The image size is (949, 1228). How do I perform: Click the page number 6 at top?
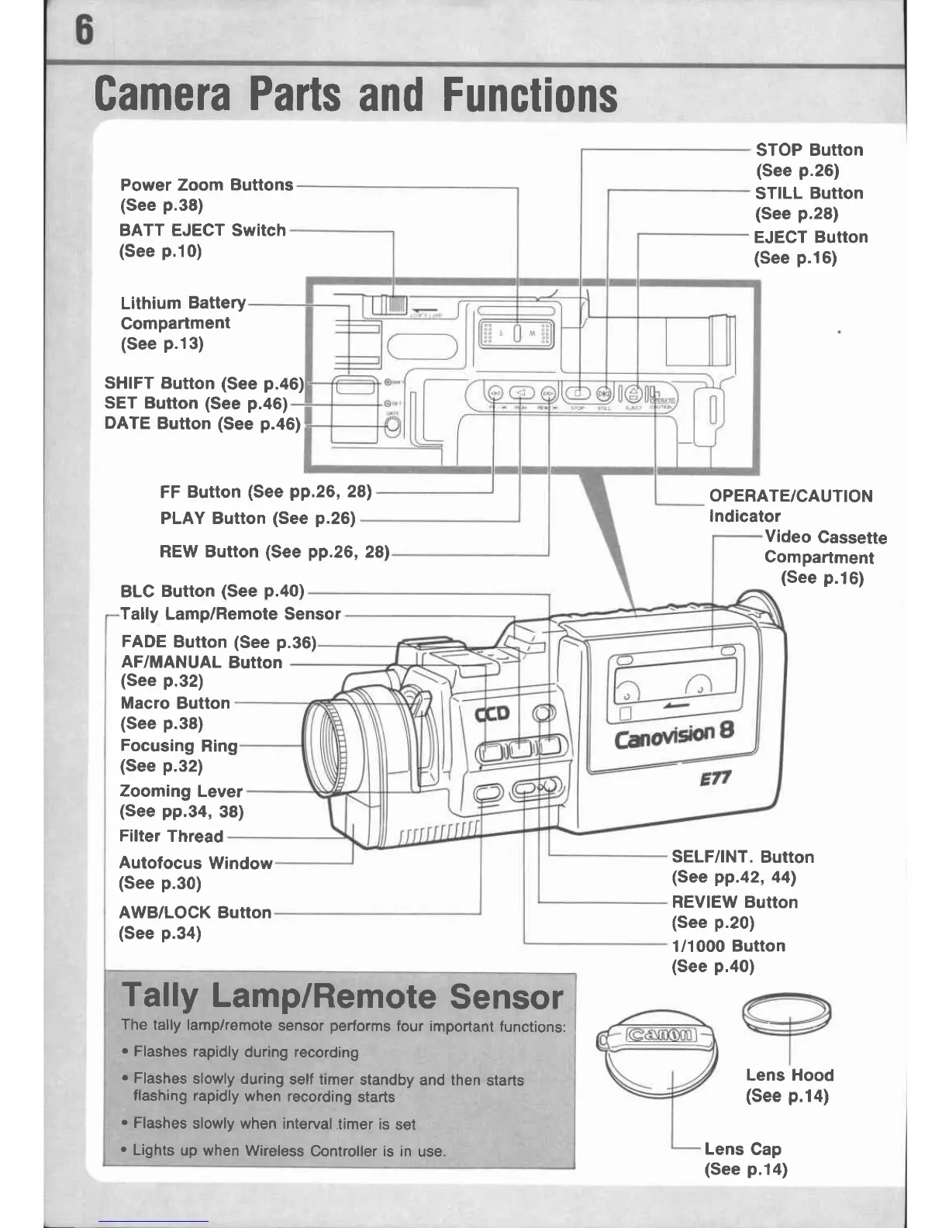(82, 32)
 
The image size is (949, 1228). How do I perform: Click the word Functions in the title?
(530, 96)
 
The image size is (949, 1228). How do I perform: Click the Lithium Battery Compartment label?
(183, 323)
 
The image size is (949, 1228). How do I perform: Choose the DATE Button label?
(202, 424)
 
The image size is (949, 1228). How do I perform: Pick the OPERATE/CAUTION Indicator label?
(790, 505)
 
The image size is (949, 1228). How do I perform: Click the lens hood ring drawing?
(786, 1012)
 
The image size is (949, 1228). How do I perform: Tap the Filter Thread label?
(171, 836)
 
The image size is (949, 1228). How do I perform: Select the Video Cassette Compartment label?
(824, 557)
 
